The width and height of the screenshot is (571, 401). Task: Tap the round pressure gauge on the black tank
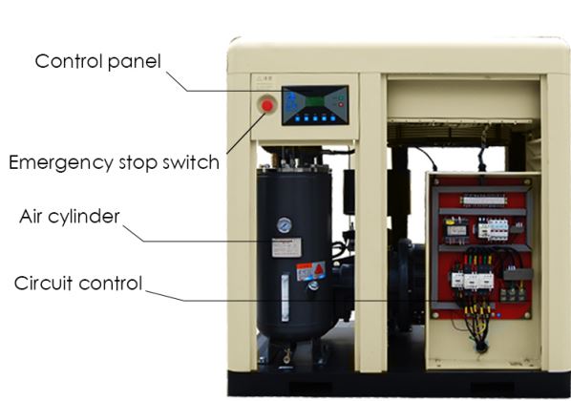(x=284, y=226)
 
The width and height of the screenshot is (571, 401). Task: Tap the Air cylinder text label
(x=70, y=216)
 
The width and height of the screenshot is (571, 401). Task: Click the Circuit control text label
(x=78, y=283)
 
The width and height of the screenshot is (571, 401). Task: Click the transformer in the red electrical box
(x=457, y=228)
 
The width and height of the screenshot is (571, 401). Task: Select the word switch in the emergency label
(x=192, y=161)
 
